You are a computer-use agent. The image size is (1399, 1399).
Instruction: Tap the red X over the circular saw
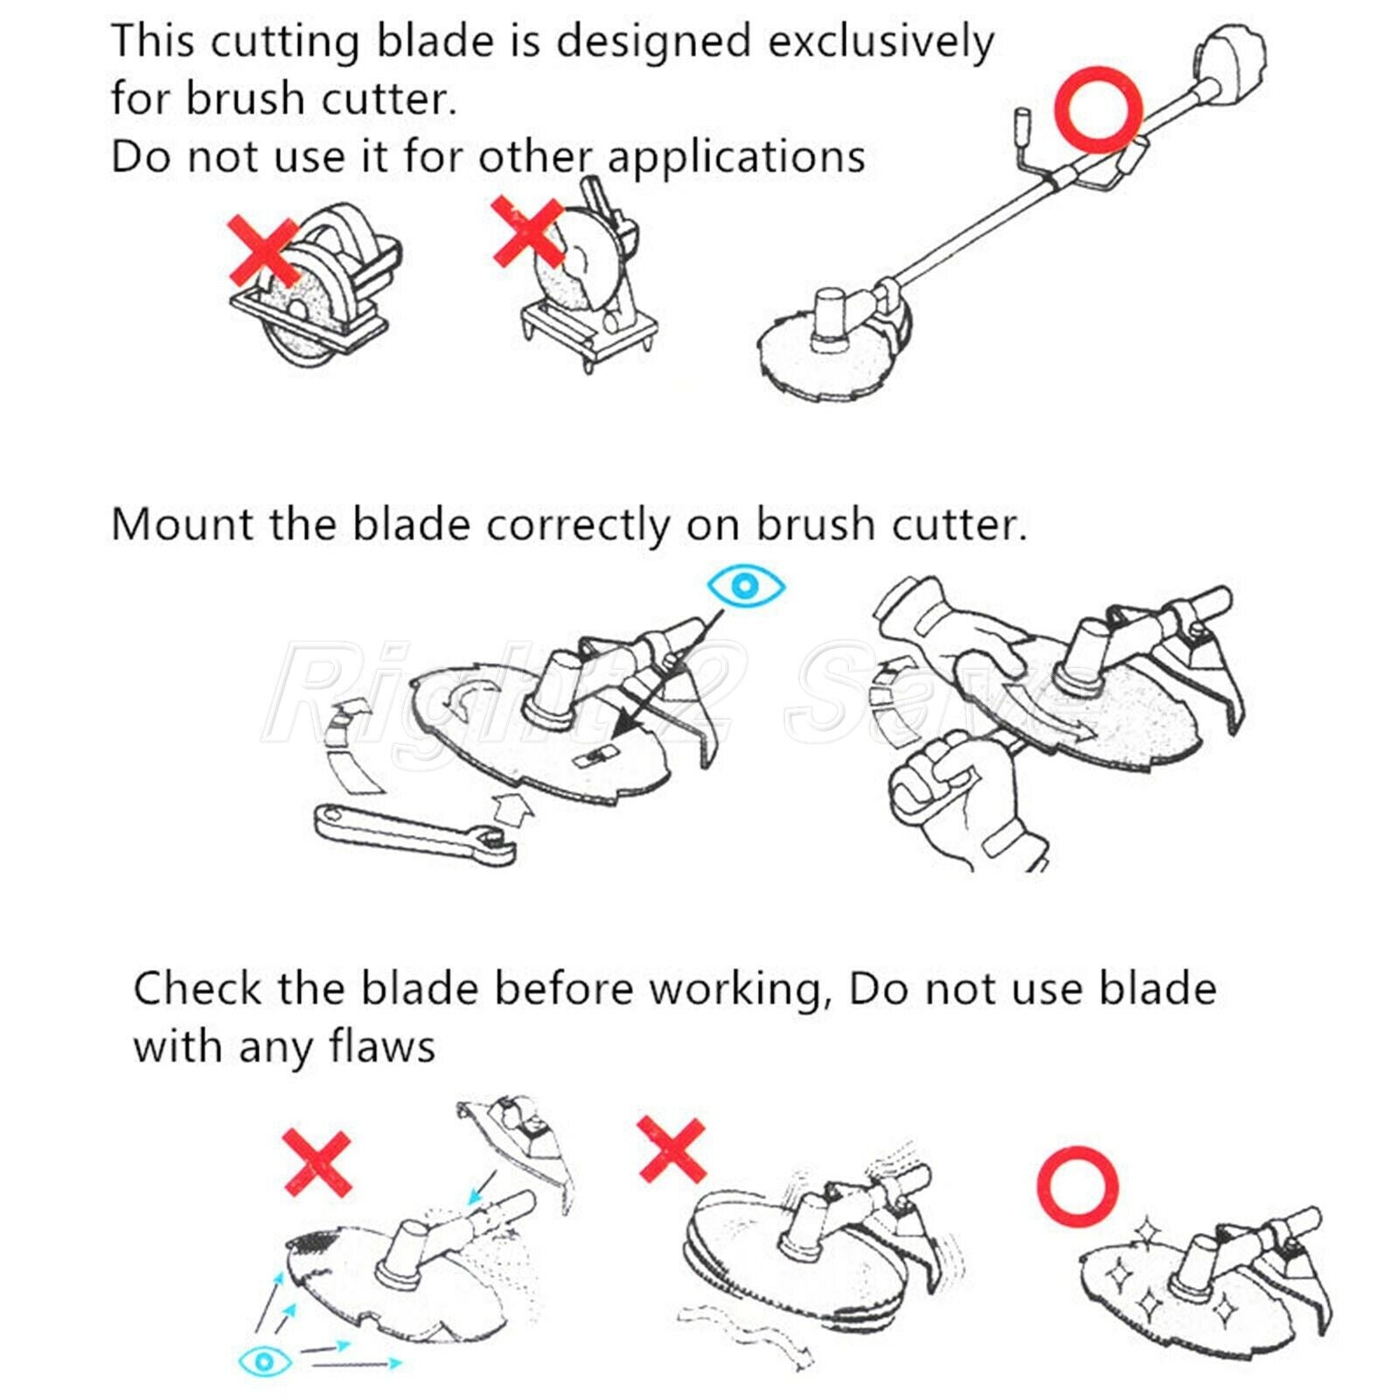[x=265, y=252]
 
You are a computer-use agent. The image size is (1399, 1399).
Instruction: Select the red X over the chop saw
[x=528, y=232]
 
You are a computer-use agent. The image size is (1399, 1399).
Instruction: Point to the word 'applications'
[x=736, y=157]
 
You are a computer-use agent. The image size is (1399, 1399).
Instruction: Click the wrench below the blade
[x=414, y=834]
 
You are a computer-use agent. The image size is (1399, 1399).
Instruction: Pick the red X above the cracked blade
[x=317, y=1163]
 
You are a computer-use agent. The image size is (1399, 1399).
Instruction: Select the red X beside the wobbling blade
[x=672, y=1150]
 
